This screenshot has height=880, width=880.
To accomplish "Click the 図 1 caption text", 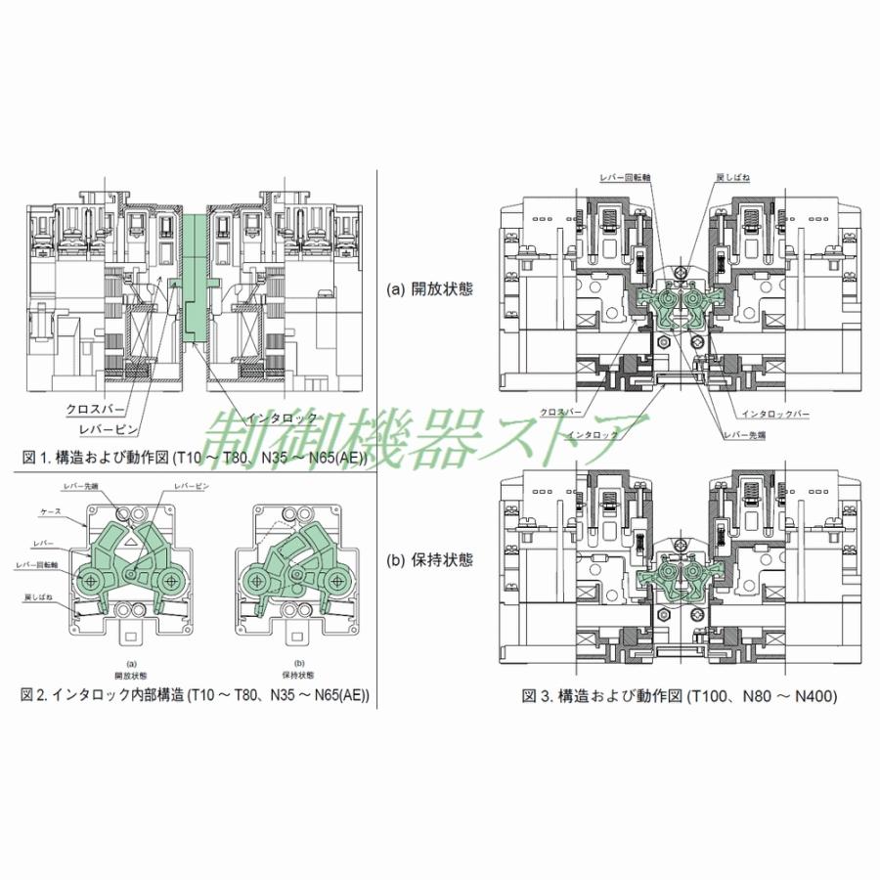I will point(196,456).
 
